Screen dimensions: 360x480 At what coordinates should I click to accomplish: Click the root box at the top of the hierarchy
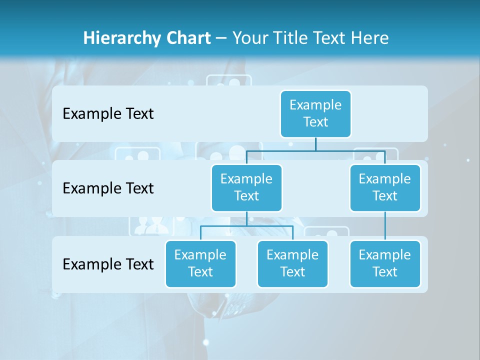tap(315, 113)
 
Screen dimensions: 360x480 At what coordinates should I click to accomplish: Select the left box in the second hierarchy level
tap(246, 187)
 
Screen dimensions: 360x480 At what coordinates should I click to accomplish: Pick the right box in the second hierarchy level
tap(385, 187)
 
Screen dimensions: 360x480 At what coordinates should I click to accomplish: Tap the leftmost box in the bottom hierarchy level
tap(200, 263)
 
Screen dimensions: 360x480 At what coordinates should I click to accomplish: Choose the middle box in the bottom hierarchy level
tap(292, 263)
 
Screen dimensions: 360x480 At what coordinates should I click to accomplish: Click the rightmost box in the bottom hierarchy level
tap(385, 263)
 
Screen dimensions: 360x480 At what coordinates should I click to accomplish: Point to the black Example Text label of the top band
tap(108, 113)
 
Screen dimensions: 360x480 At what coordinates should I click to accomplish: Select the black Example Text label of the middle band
tap(108, 188)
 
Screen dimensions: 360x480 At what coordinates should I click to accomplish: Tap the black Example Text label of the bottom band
tap(108, 264)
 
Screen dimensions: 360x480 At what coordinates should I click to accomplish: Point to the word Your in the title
tap(250, 38)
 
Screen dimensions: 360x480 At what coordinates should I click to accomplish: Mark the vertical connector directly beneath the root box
tap(315, 144)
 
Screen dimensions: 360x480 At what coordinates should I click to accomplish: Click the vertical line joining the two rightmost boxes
tap(385, 225)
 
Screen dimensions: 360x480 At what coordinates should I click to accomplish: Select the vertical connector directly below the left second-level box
tap(246, 218)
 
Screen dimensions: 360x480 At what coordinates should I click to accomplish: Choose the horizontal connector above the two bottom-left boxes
tap(246, 226)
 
